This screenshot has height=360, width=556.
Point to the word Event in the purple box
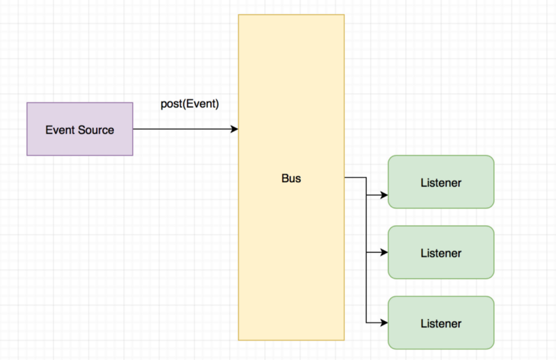tap(60, 129)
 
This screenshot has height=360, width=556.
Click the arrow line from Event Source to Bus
tap(184, 129)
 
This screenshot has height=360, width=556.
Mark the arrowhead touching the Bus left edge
tap(235, 129)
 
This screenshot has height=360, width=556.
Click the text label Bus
tap(291, 179)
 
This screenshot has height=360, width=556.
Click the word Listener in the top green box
tap(441, 183)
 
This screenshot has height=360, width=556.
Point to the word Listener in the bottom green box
tap(441, 323)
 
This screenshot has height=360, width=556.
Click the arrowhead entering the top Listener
tap(384, 195)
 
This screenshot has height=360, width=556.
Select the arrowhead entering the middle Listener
tap(384, 253)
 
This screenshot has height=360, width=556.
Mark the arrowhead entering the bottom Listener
tap(384, 323)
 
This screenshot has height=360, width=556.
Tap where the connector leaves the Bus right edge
tap(345, 178)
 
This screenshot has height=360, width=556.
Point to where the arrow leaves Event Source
tap(134, 129)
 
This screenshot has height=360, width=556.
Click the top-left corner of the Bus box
tap(239, 14)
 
